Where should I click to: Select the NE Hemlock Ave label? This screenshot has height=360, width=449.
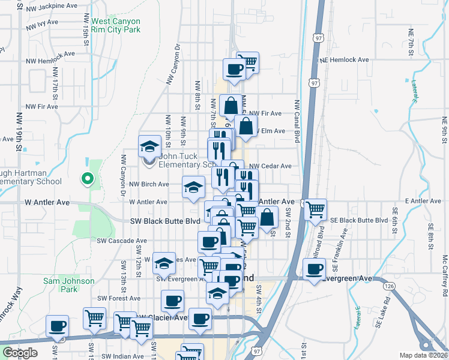pyautogui.click(x=344, y=60)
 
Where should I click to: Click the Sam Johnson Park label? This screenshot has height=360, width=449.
pyautogui.click(x=69, y=285)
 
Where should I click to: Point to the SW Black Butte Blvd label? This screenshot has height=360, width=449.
pyautogui.click(x=165, y=221)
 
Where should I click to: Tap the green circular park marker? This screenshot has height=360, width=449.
pyautogui.click(x=87, y=178)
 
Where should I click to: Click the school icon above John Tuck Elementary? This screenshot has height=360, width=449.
pyautogui.click(x=149, y=146)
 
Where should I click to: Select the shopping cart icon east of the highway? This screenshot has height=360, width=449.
pyautogui.click(x=315, y=210)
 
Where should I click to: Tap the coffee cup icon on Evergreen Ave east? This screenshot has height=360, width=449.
pyautogui.click(x=314, y=269)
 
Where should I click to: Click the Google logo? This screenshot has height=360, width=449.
pyautogui.click(x=20, y=353)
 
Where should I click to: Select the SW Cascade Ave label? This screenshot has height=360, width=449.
pyautogui.click(x=122, y=241)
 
